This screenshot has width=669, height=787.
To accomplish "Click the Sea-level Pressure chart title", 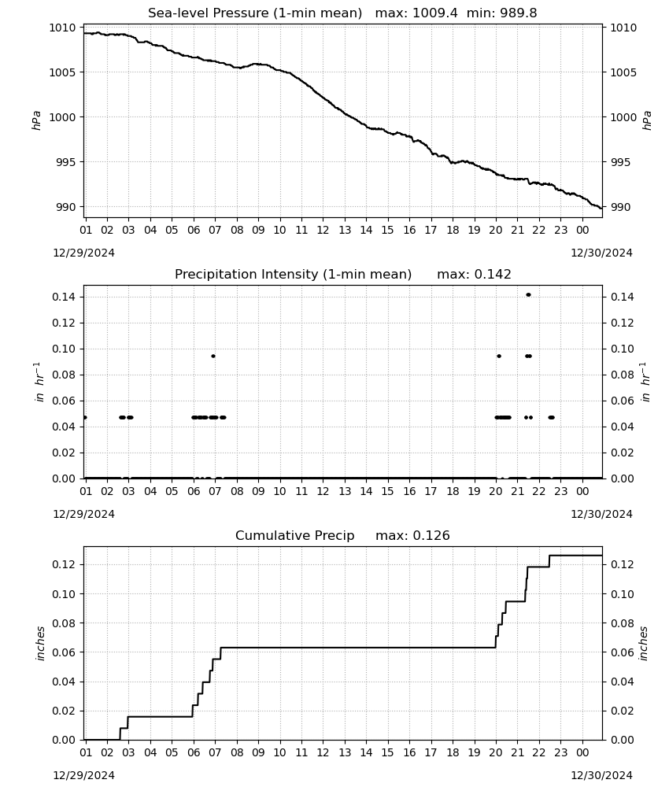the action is click(x=342, y=13).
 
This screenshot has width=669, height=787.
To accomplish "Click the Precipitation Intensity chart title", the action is click(x=343, y=275).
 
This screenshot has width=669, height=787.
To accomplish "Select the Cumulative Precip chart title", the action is click(x=342, y=535).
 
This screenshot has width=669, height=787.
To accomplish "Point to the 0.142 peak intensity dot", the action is click(x=528, y=294).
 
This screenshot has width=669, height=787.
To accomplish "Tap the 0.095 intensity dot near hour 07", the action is click(x=213, y=356).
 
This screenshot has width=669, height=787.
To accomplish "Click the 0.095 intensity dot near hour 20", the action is click(x=499, y=356).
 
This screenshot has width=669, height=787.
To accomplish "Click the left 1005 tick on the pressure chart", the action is click(x=62, y=72).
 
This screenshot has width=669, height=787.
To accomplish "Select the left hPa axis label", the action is click(x=37, y=120).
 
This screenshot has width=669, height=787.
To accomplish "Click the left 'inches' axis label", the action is click(x=40, y=643).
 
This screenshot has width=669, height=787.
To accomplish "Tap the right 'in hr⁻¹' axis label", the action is click(x=645, y=382).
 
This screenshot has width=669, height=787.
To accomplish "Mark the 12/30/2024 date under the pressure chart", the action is click(x=601, y=253).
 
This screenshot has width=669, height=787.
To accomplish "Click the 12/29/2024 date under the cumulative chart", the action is click(x=83, y=775).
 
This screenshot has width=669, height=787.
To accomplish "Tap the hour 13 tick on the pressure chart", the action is click(x=345, y=230).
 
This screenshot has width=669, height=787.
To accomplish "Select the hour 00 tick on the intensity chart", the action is click(x=582, y=491).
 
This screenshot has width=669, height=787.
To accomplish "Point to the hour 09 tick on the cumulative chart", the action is click(x=258, y=752).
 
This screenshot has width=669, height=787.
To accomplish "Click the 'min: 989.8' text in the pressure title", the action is click(x=502, y=13).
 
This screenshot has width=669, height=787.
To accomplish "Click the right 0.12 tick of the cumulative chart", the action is click(x=623, y=564).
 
